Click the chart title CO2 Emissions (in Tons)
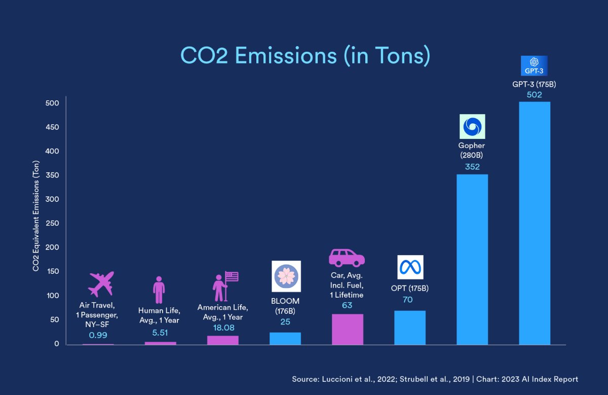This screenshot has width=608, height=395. (306, 55)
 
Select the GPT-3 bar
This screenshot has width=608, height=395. (535, 223)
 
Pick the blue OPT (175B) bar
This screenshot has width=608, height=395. (409, 328)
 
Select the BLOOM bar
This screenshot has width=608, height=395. (285, 338)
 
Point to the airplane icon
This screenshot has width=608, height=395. (101, 284)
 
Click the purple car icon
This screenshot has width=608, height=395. (347, 258)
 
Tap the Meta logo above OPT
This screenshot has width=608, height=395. (410, 267)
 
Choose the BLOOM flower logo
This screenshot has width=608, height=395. (286, 276)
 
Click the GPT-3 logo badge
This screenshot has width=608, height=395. (534, 66)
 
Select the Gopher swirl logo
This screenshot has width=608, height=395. (472, 126)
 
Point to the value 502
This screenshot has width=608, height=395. (535, 95)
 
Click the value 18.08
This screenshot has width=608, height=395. (222, 328)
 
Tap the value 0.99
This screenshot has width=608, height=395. (98, 335)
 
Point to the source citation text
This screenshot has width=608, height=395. (435, 379)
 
